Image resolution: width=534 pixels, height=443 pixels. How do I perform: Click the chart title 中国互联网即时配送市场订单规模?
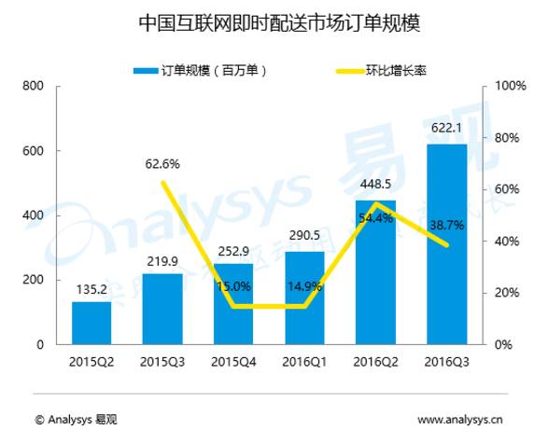[x=279, y=23]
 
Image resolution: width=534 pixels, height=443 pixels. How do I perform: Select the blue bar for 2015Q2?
[x=91, y=323]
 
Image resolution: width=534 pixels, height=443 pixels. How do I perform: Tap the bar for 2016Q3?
[x=447, y=244]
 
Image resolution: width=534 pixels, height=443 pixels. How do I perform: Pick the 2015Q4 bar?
[x=233, y=304]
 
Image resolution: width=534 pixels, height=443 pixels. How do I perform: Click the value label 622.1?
[x=446, y=128]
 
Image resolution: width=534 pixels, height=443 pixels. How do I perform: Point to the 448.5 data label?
[x=375, y=184]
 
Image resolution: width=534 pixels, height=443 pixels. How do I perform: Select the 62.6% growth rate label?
[x=162, y=164]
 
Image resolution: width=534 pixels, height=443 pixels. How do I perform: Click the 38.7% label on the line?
[x=447, y=226]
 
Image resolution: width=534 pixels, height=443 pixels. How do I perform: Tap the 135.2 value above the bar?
[x=91, y=289]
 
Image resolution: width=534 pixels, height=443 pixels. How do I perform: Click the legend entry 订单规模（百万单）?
[x=200, y=71]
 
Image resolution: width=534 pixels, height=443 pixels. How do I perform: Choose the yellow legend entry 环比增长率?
[x=381, y=71]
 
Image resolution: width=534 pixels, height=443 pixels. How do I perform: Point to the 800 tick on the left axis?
[x=33, y=86]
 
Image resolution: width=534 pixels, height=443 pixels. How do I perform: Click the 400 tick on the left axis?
[x=33, y=215]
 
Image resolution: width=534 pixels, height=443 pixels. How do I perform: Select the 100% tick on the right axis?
[x=511, y=86]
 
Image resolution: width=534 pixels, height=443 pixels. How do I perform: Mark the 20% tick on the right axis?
[x=507, y=293]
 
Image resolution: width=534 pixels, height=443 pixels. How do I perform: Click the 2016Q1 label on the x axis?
[x=304, y=362]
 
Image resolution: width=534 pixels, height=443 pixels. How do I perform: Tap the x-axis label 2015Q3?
[x=162, y=362]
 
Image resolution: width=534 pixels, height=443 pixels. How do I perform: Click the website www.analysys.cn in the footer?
[x=460, y=420]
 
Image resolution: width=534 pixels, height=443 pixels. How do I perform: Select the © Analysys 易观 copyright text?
[x=76, y=420]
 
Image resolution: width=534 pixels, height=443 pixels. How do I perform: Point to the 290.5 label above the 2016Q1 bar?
[x=304, y=235]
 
